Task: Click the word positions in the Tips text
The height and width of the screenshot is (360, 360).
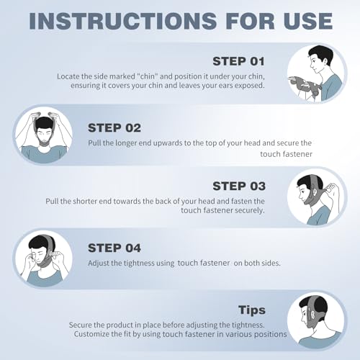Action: (268, 334)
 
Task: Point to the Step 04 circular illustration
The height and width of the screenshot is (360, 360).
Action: (42, 257)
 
